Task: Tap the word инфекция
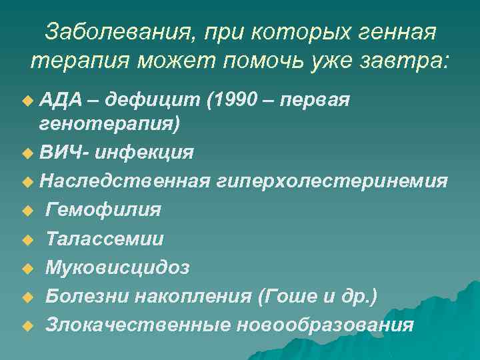[x=145, y=153]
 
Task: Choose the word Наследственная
[x=125, y=181]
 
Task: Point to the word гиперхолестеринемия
[x=331, y=181]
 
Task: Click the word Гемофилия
[x=103, y=210]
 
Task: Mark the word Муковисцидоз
[x=117, y=267]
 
